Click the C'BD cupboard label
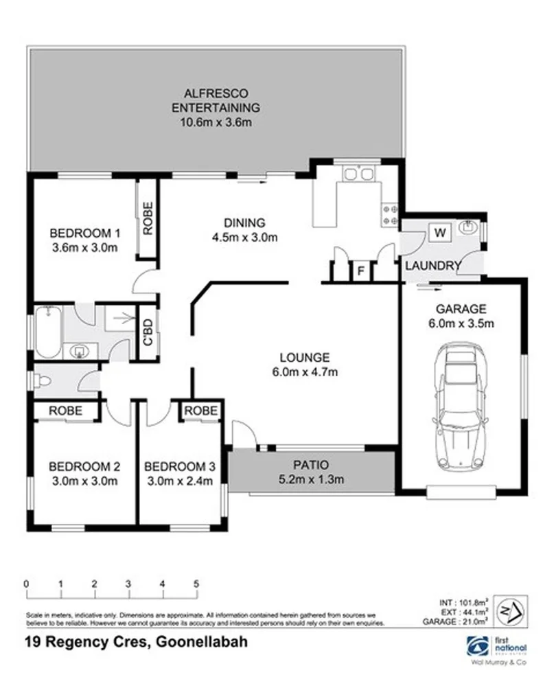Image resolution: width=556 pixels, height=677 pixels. pos(146,332)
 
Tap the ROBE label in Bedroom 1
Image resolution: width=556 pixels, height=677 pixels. pos(147,218)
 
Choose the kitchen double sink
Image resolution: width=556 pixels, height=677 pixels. pos(358,174)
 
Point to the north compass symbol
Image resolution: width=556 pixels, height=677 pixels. pos(508,609)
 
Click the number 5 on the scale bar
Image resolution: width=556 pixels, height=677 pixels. pos(197,584)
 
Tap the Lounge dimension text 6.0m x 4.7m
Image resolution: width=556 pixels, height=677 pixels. pos(305,372)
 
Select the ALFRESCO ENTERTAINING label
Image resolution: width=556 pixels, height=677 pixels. pos(216,100)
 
